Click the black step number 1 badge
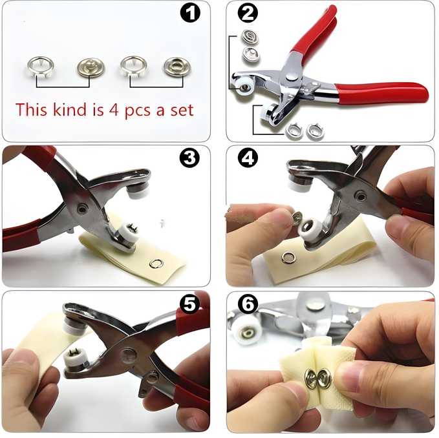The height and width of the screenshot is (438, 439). coord(189,12)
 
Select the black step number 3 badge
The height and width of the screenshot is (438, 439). coord(189,158)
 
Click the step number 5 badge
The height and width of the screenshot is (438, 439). coord(189,304)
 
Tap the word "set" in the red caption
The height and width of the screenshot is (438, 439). coord(180,109)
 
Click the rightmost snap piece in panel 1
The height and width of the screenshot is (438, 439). coord(176,67)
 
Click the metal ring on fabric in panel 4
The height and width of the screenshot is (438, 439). coord(288,258)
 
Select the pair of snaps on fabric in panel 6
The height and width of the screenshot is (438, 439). coord(318,379)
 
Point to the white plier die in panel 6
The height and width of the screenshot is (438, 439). coord(247,331)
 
